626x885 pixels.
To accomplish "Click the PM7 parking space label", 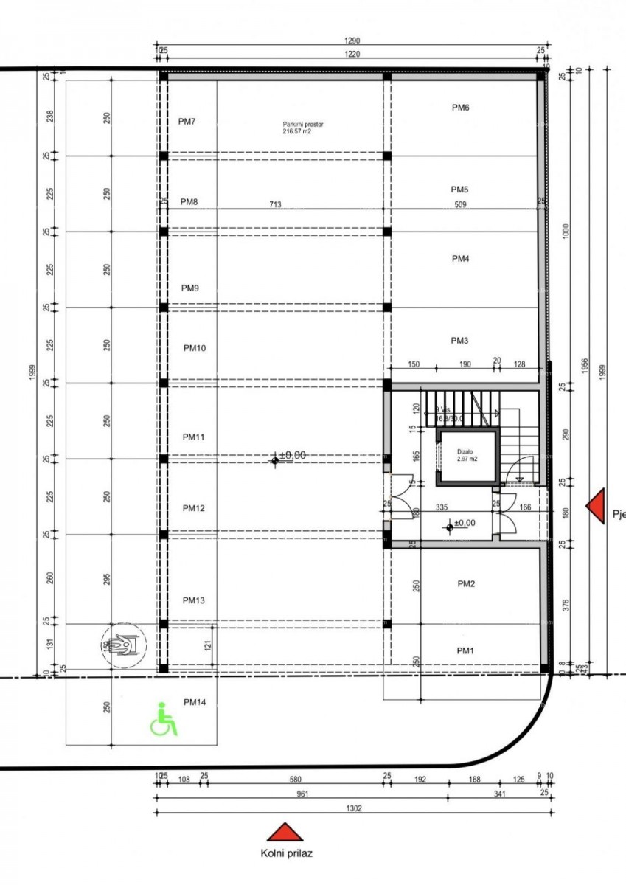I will coord(187,122).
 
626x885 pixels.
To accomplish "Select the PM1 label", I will coord(465,650).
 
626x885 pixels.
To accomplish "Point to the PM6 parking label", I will coord(460,108).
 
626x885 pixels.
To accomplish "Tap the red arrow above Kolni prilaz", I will coord(286,833).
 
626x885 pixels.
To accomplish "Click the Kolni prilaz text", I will coord(286,854).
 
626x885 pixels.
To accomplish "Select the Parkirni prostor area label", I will coord(302,128).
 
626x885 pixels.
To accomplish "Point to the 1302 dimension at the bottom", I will coord(354,808).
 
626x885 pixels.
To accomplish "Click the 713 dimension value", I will coord(276,204).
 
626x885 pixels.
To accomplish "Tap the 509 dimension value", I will coord(460,204).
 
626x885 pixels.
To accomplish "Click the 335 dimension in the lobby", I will coord(442,507).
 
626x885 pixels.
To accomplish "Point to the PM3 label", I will coord(460,341).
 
